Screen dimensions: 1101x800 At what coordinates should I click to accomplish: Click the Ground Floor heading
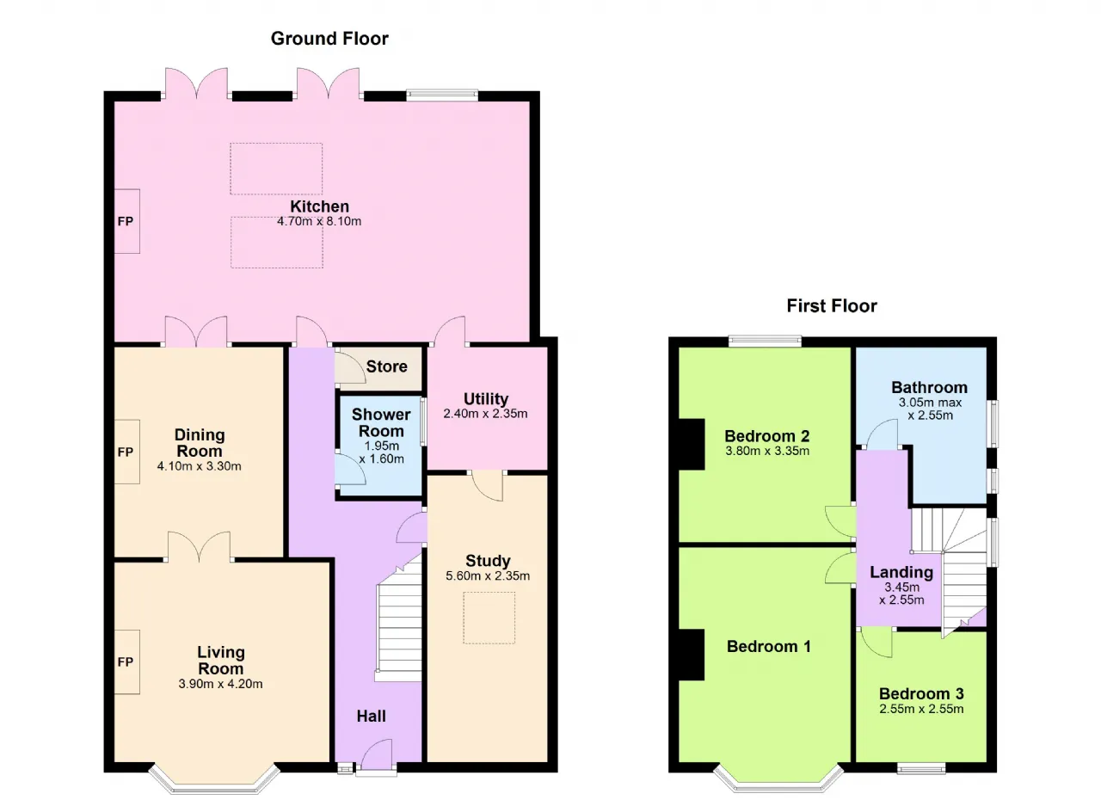click(329, 39)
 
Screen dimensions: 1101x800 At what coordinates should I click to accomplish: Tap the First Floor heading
click(832, 305)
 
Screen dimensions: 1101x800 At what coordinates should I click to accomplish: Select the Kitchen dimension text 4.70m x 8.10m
click(319, 221)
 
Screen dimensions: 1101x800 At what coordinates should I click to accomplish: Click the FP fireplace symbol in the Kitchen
click(126, 221)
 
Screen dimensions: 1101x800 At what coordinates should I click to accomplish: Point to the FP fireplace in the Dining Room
click(126, 452)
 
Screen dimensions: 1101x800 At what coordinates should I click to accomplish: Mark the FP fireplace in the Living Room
click(126, 662)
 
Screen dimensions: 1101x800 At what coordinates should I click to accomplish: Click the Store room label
click(387, 366)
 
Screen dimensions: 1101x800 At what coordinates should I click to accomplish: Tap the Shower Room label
click(381, 422)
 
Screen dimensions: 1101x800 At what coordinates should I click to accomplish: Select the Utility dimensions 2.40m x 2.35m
click(486, 414)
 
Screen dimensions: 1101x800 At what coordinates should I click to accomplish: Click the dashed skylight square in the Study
click(489, 618)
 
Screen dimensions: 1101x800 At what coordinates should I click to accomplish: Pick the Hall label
click(371, 716)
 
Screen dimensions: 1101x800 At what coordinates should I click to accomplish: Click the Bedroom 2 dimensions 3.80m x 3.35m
click(767, 451)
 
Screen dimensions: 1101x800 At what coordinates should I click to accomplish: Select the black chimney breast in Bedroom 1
click(692, 655)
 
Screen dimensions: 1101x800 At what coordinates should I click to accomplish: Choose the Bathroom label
click(930, 387)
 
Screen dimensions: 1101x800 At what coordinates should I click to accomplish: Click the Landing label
click(901, 572)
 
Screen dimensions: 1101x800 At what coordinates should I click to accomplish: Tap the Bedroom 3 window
click(921, 768)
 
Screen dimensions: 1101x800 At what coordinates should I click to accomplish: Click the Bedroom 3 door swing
click(876, 643)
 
